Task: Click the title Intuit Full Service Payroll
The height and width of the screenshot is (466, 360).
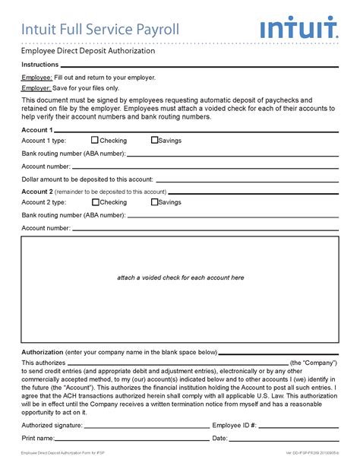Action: pos(100,30)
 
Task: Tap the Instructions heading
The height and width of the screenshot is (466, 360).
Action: pos(40,65)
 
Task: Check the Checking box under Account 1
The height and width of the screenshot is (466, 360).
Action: pos(95,140)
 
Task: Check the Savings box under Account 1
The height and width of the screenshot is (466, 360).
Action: pos(155,140)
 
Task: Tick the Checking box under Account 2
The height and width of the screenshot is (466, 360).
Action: pos(95,202)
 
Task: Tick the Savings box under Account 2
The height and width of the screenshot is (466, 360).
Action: pos(155,202)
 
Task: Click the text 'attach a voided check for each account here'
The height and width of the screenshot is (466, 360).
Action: pos(180,277)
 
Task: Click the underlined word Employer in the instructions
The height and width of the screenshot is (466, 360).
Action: pos(36,89)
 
